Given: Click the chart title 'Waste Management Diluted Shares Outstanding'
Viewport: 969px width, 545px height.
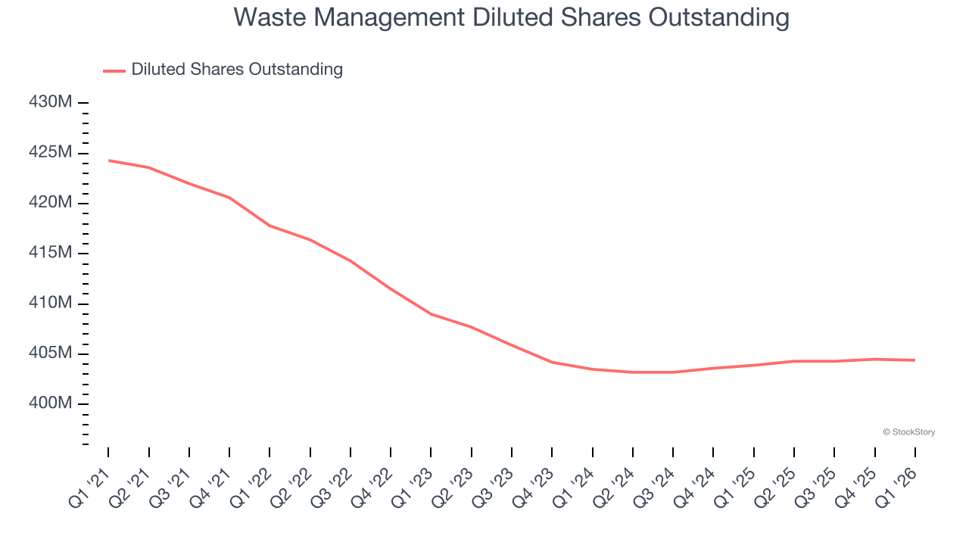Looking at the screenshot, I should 512,17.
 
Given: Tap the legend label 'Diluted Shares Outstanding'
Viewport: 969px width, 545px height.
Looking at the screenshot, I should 237,70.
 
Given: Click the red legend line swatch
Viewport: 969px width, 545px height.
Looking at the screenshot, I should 114,70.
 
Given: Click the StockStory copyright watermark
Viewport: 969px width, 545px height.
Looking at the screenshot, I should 908,432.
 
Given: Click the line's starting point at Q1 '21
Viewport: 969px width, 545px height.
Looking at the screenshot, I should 108,160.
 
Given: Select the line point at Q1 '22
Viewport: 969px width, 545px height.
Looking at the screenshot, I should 270,226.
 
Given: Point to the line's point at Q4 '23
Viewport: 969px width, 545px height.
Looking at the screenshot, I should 552,362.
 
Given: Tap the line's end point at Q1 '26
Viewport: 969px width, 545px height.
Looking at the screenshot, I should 915,360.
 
